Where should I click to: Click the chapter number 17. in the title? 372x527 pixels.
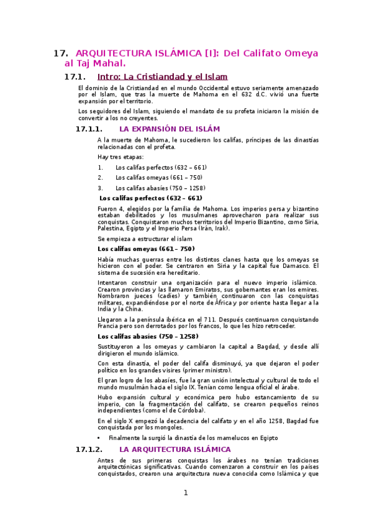[61, 53]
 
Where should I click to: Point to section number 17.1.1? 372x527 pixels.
[88, 129]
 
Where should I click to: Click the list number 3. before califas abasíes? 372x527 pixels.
[100, 188]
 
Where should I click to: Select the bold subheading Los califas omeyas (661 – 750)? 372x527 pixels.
[142, 249]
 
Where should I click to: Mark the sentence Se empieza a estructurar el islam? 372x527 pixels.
[145, 239]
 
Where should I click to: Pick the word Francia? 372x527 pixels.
[109, 326]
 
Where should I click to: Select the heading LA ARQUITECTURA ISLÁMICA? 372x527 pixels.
[175, 449]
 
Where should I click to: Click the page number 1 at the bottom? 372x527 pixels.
[185, 493]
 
